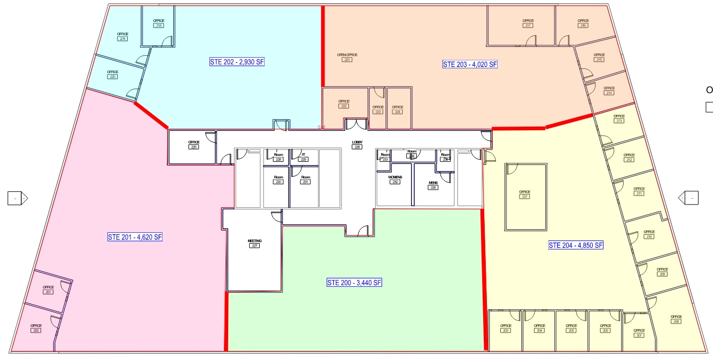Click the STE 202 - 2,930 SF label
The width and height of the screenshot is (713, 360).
[237, 62]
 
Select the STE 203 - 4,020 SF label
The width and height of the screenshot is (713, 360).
[470, 65]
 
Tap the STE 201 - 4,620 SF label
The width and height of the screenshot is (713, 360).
[135, 237]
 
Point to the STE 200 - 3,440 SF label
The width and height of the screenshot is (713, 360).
[354, 283]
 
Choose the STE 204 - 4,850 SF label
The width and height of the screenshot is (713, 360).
[576, 246]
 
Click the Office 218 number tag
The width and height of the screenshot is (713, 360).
[159, 26]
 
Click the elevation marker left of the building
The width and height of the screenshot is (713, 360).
[18, 198]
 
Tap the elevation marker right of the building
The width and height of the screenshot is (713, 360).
[688, 198]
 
